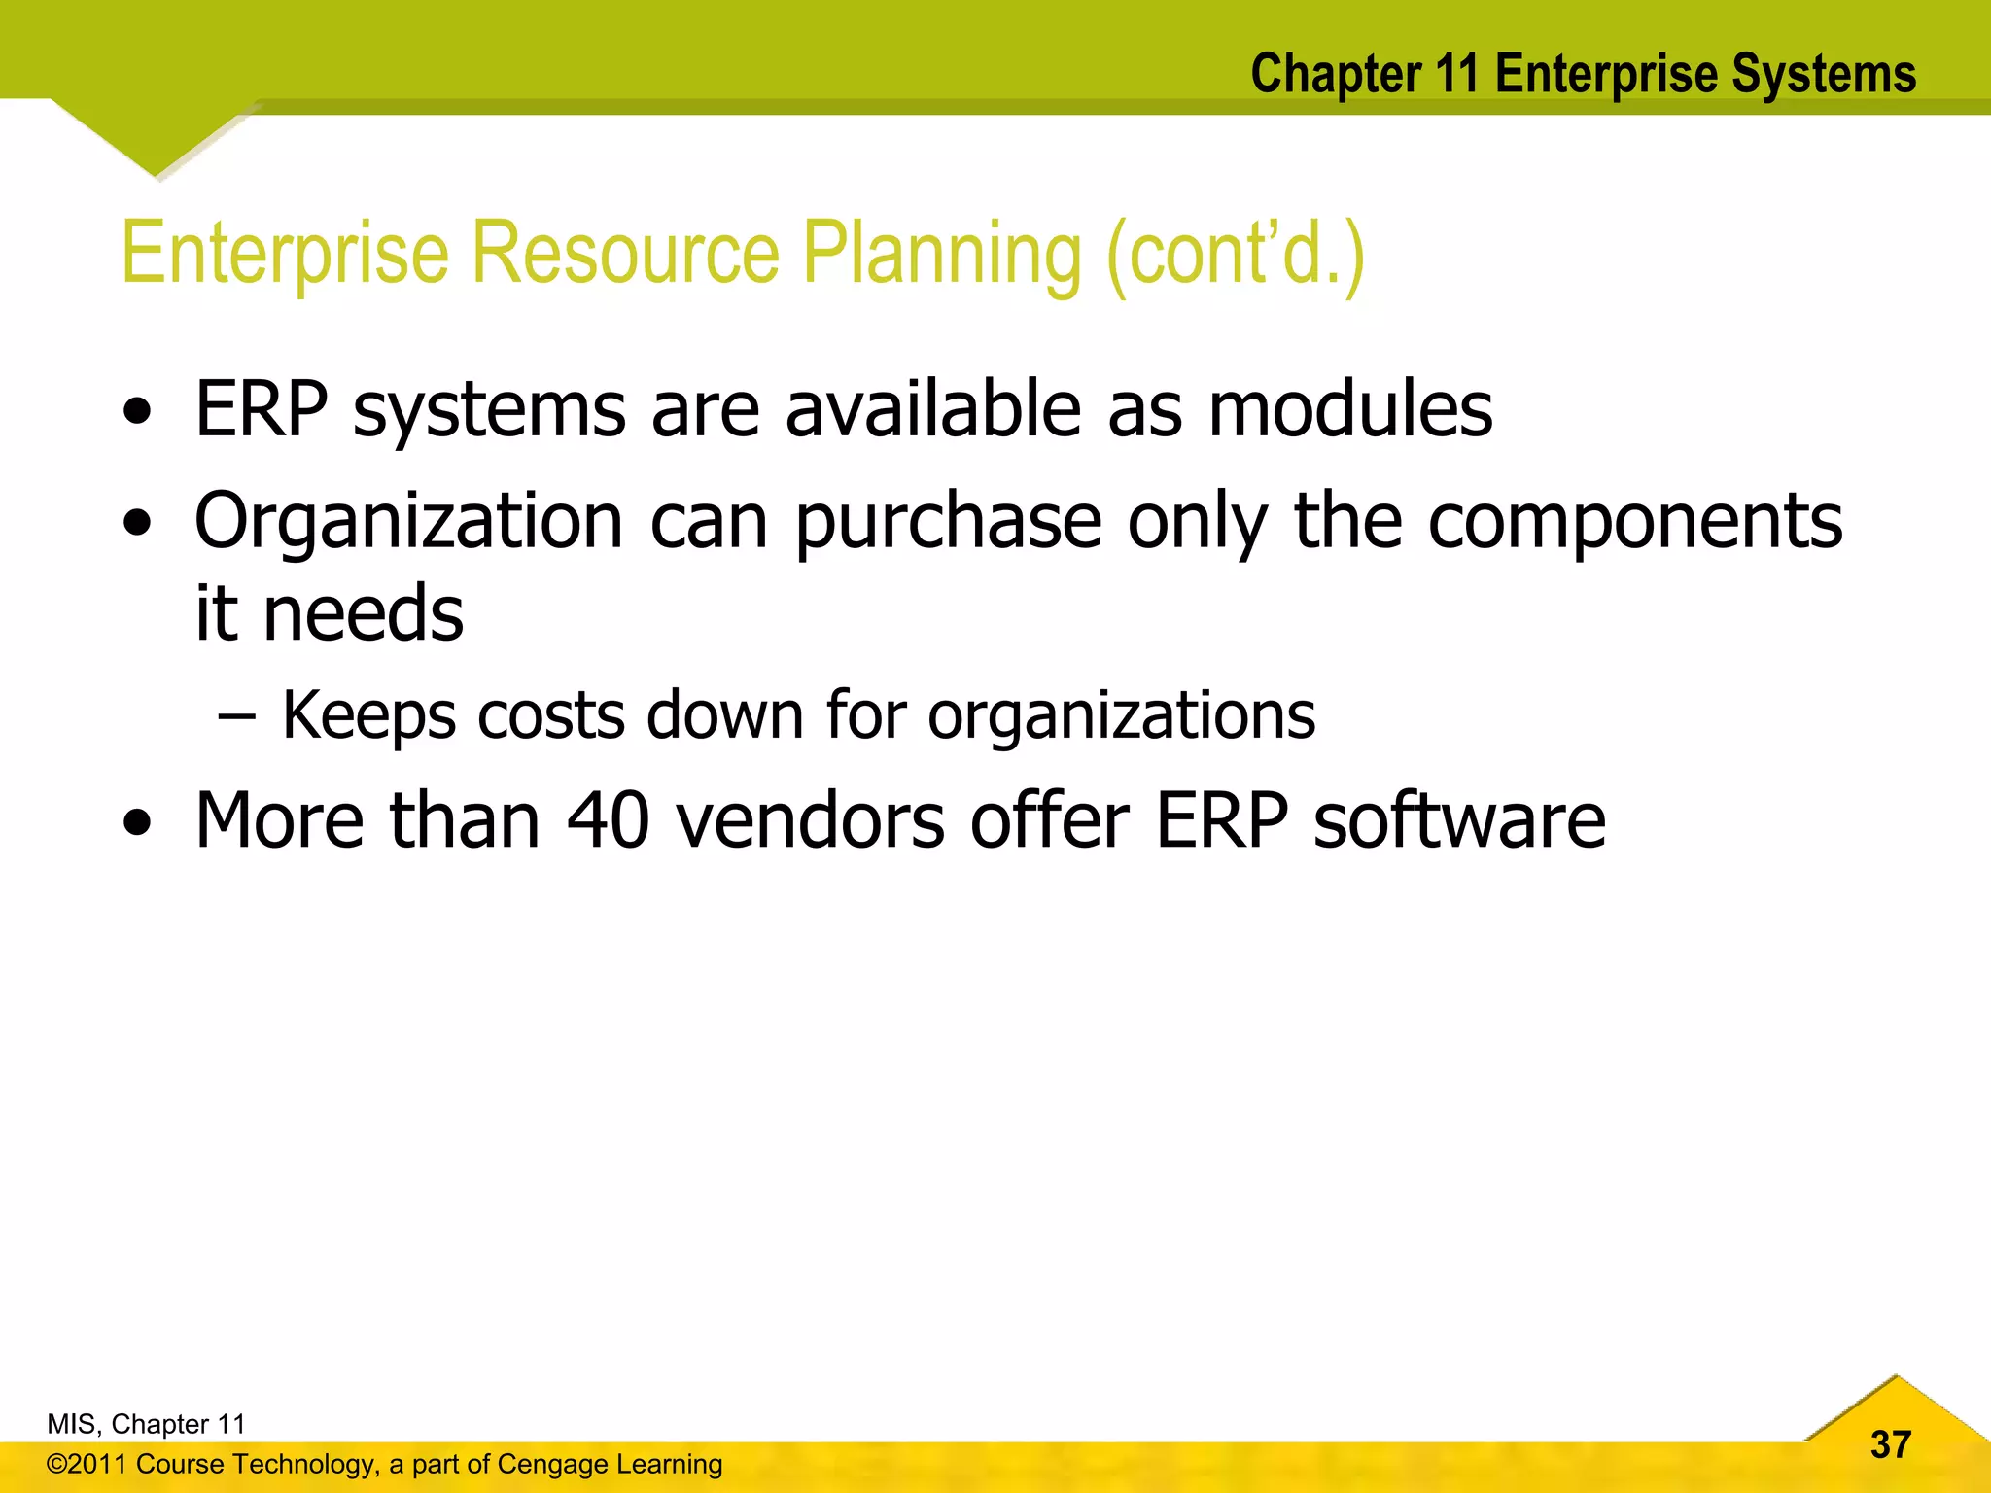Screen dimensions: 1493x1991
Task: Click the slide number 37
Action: pyautogui.click(x=1890, y=1444)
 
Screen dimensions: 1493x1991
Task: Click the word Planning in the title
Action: pyautogui.click(x=940, y=255)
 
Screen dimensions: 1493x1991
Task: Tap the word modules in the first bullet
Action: pyautogui.click(x=1350, y=409)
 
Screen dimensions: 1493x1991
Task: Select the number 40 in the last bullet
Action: pyautogui.click(x=608, y=820)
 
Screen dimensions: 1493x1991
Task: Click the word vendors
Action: pyautogui.click(x=810, y=820)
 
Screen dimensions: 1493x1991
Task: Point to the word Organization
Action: pyautogui.click(x=408, y=523)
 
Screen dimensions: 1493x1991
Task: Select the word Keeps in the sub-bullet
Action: pyautogui.click(x=368, y=716)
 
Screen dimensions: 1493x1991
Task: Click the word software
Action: pyautogui.click(x=1459, y=820)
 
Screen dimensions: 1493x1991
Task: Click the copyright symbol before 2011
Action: pyautogui.click(x=56, y=1465)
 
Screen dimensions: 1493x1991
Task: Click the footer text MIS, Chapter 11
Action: pyautogui.click(x=146, y=1424)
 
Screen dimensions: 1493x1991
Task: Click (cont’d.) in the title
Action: pyautogui.click(x=1236, y=255)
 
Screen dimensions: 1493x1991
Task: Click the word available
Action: pyautogui.click(x=932, y=409)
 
